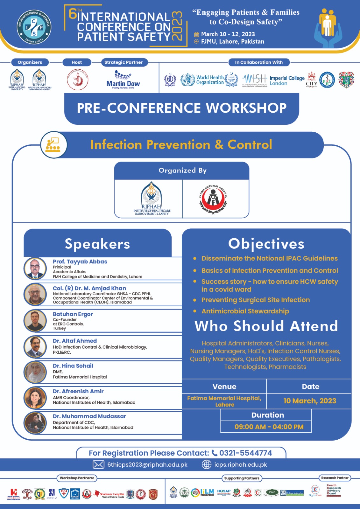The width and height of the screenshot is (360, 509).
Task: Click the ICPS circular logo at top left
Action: pyautogui.click(x=34, y=27)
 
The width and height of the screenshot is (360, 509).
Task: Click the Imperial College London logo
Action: pyautogui.click(x=287, y=80)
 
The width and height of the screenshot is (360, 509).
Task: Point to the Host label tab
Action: pyautogui.click(x=77, y=62)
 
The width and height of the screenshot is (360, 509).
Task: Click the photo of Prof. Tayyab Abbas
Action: pyautogui.click(x=35, y=268)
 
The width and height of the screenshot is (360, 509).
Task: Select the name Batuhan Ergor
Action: pyautogui.click(x=73, y=314)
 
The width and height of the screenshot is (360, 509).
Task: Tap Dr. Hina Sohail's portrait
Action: pyautogui.click(x=35, y=372)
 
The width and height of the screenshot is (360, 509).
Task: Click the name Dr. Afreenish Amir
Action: pyautogui.click(x=78, y=391)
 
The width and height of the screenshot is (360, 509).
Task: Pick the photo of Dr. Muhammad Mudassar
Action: pyautogui.click(x=35, y=423)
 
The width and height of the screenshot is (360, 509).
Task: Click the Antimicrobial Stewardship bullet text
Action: pyautogui.click(x=245, y=311)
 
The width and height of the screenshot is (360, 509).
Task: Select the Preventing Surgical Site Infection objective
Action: pyautogui.click(x=255, y=300)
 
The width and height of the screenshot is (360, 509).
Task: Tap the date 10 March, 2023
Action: pyautogui.click(x=310, y=401)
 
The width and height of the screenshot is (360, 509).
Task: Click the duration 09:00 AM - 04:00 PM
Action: pyautogui.click(x=269, y=427)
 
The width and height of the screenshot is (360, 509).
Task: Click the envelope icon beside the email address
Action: pyautogui.click(x=98, y=464)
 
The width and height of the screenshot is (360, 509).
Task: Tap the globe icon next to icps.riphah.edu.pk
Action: pyautogui.click(x=207, y=464)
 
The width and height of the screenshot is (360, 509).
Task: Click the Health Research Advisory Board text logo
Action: pyautogui.click(x=334, y=490)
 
